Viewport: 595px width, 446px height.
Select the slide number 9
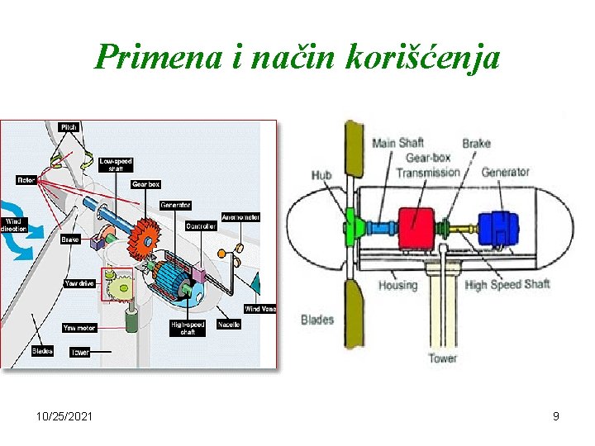point(556,416)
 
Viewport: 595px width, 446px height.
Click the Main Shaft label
point(397,143)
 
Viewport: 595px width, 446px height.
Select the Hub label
point(321,175)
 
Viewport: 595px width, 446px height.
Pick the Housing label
point(398,286)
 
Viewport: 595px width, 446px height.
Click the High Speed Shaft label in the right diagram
point(507,285)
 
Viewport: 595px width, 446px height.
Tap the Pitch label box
point(69,127)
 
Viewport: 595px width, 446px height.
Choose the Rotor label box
point(26,179)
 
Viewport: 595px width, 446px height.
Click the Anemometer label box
point(240,217)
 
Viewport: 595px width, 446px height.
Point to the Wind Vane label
point(259,309)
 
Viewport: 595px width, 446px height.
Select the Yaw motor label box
point(80,328)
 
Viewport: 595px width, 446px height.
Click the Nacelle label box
point(228,325)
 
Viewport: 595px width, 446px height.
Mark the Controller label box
point(201,225)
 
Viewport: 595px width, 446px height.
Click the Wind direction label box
point(15,225)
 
